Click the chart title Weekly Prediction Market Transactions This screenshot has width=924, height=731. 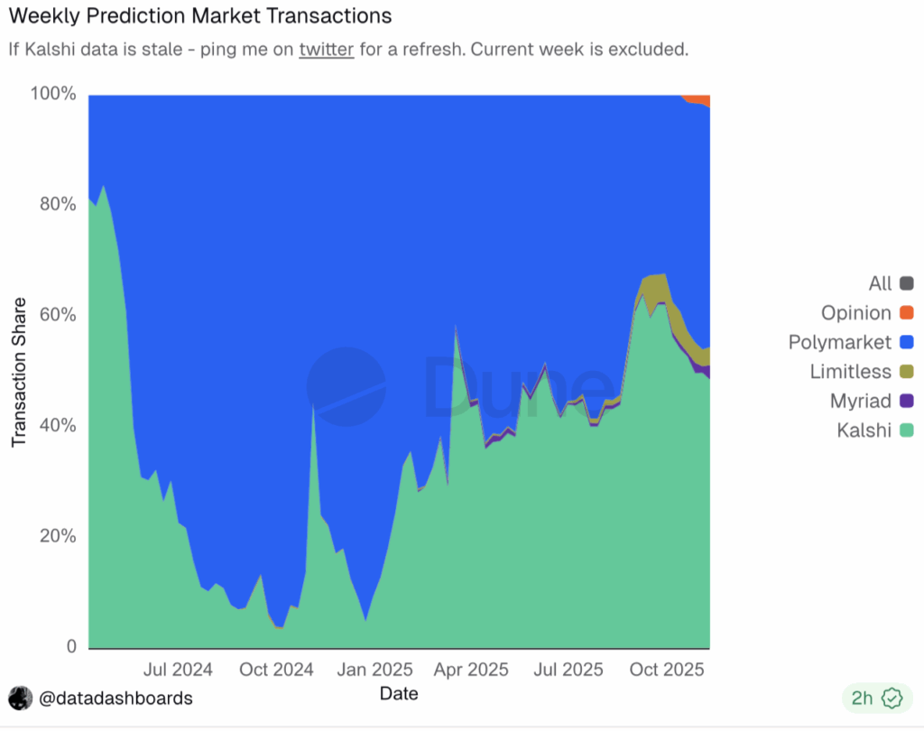(200, 16)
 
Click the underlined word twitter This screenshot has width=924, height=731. (327, 49)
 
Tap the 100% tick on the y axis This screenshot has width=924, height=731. (53, 93)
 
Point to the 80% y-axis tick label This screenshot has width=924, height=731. (58, 204)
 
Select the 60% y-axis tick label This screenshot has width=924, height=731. (58, 315)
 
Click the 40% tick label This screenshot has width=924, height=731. (58, 425)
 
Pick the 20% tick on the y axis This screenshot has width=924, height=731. (58, 536)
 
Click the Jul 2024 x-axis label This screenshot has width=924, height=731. (178, 670)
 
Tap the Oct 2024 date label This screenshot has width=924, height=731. (276, 670)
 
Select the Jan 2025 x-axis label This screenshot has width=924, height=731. (374, 670)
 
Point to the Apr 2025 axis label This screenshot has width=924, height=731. (471, 670)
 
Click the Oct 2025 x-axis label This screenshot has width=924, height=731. (667, 670)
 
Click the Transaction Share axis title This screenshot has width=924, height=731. (19, 372)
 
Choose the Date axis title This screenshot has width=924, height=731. (399, 693)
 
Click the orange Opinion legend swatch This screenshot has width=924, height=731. (907, 312)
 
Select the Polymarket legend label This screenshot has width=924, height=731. (840, 342)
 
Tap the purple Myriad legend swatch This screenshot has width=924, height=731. (907, 401)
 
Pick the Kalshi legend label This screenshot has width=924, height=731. (864, 430)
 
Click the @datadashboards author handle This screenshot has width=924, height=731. (115, 699)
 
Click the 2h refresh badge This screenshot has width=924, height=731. (877, 698)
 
